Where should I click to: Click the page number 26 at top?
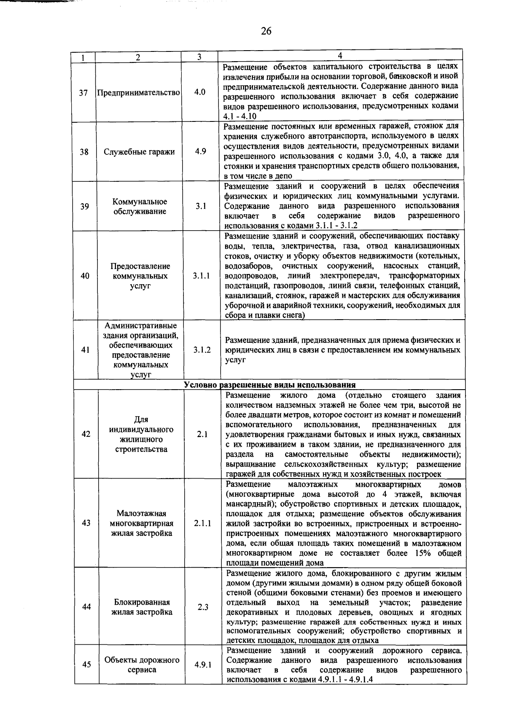[x=266, y=30]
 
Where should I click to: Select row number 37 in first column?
[x=83, y=92]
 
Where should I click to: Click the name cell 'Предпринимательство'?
[x=139, y=93]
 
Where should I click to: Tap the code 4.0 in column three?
[x=200, y=92]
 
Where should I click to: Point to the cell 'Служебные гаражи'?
[x=139, y=152]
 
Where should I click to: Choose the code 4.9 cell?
[x=200, y=151]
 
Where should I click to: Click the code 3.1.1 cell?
[x=202, y=276]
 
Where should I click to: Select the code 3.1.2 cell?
[x=202, y=350]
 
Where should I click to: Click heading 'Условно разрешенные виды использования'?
[x=270, y=385]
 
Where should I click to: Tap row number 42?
[x=86, y=434]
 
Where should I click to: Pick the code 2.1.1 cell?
[x=203, y=523]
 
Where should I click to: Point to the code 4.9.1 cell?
[x=203, y=665]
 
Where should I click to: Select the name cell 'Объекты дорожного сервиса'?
[x=142, y=665]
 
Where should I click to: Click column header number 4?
[x=340, y=56]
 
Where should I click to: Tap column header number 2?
[x=137, y=57]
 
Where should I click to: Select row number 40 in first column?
[x=85, y=276]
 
